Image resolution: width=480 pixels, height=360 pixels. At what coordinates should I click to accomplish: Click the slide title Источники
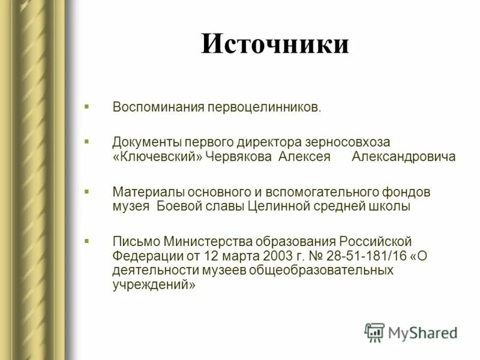pyautogui.click(x=274, y=44)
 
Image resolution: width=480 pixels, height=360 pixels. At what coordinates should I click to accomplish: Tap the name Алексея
pyautogui.click(x=304, y=157)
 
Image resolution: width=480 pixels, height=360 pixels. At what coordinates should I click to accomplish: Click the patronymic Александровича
pyautogui.click(x=404, y=157)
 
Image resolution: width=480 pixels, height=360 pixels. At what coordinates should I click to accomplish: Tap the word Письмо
pyautogui.click(x=135, y=242)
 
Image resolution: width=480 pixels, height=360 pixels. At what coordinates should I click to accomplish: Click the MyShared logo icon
pyautogui.click(x=374, y=332)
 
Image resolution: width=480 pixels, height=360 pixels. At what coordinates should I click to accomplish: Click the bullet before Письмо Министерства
pyautogui.click(x=87, y=241)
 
